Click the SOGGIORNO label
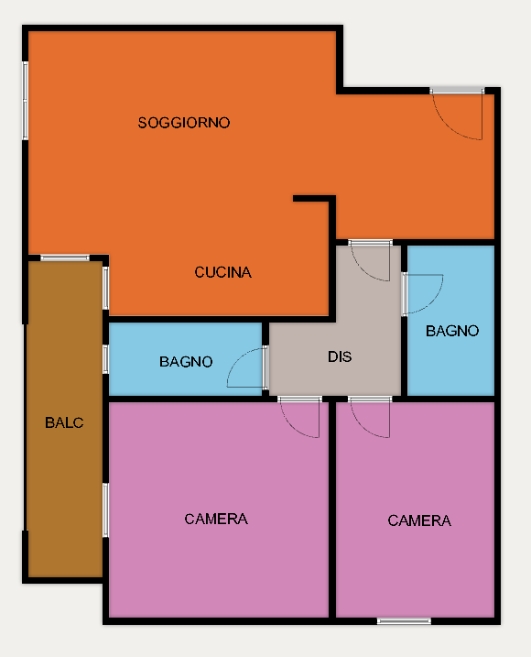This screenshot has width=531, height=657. [x=184, y=123]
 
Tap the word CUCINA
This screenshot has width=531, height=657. [x=222, y=272]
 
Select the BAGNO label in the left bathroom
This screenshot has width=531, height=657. [x=186, y=362]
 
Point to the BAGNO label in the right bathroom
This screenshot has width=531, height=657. [x=452, y=331]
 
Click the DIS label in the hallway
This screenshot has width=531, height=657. [x=340, y=357]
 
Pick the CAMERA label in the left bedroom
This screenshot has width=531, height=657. [x=216, y=520]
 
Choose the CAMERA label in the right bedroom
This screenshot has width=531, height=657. [x=419, y=520]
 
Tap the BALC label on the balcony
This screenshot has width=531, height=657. [x=64, y=422]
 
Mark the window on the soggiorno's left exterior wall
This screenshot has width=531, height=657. [x=25, y=101]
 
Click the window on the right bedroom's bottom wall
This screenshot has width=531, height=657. [x=404, y=621]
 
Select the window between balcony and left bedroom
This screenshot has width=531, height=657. [x=105, y=509]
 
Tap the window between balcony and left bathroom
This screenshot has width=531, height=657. [x=105, y=359]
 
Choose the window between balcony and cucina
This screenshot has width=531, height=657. [x=105, y=289]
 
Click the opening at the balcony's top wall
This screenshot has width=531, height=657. [x=65, y=257]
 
